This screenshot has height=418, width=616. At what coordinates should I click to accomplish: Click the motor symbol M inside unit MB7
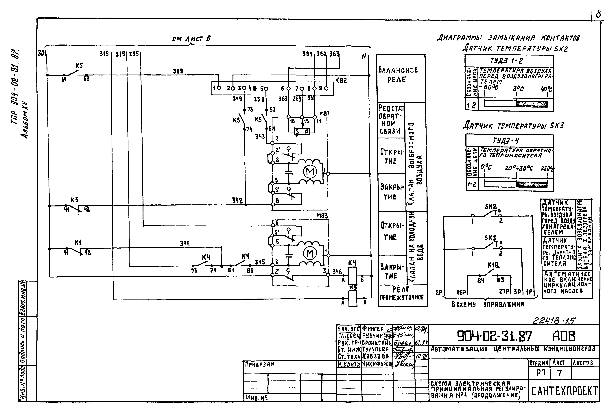[x=310, y=171]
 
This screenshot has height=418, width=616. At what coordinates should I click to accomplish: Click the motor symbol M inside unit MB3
[x=310, y=254]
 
